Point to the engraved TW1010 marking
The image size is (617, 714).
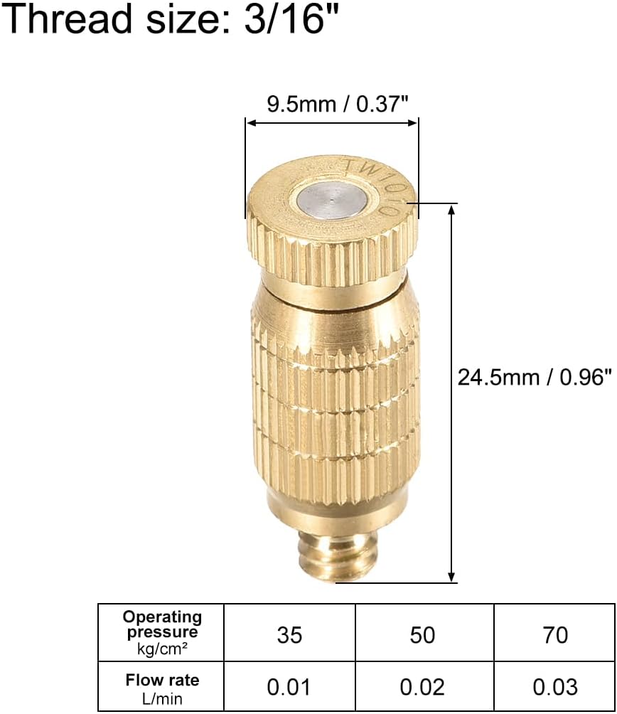(373, 182)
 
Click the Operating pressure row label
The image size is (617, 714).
(161, 624)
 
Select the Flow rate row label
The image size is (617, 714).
(162, 681)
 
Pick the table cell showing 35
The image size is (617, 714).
(289, 634)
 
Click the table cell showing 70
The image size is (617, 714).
(554, 634)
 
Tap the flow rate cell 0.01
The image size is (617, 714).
(289, 686)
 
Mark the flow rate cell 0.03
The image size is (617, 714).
(554, 686)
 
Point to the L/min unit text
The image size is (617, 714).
(162, 698)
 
